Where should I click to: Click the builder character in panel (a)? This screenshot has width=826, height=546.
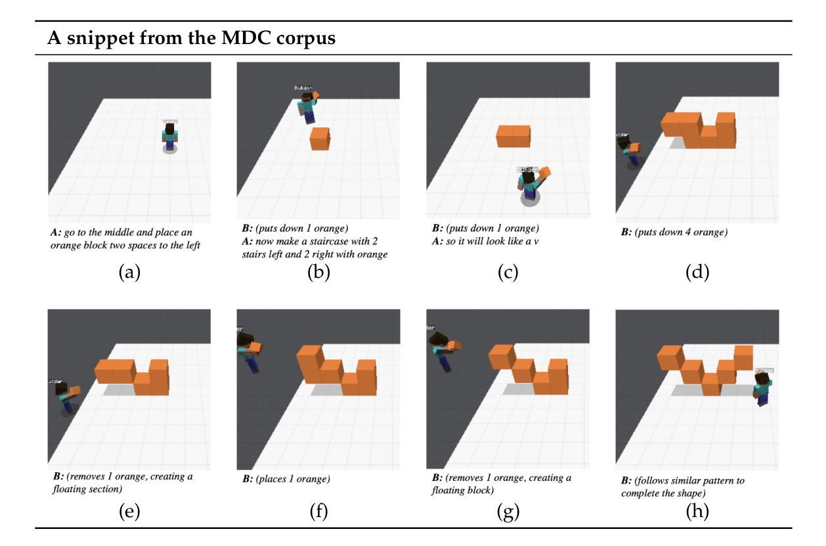[170, 137]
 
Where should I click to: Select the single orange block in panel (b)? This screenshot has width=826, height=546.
[320, 138]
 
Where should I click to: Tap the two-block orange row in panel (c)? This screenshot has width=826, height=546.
[513, 136]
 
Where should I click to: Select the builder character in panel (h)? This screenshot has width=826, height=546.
[763, 388]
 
